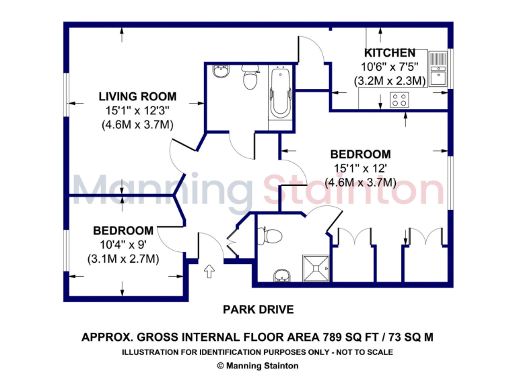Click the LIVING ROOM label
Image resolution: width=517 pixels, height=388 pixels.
[x=137, y=96]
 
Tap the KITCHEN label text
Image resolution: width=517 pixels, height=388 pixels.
[x=390, y=53]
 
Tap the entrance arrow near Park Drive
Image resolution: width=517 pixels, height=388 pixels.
[x=208, y=271]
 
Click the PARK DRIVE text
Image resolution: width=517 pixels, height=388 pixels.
[x=258, y=310]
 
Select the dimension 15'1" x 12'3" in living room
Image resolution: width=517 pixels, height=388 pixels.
[x=137, y=110]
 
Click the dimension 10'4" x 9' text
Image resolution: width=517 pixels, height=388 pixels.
[x=123, y=245]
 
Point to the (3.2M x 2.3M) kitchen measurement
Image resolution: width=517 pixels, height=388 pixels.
[x=390, y=81]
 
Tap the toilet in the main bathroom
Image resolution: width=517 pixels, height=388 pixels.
[x=250, y=79]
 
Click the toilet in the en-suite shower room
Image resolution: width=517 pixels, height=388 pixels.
[x=272, y=235]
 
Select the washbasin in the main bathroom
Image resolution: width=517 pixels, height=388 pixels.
[x=219, y=72]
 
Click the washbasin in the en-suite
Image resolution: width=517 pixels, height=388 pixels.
[x=282, y=276]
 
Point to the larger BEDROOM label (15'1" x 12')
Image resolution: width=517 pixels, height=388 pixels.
[x=361, y=154]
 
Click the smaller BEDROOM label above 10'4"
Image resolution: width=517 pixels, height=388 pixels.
[x=123, y=230]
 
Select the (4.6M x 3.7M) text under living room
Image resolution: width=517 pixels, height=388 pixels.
[x=137, y=125]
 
